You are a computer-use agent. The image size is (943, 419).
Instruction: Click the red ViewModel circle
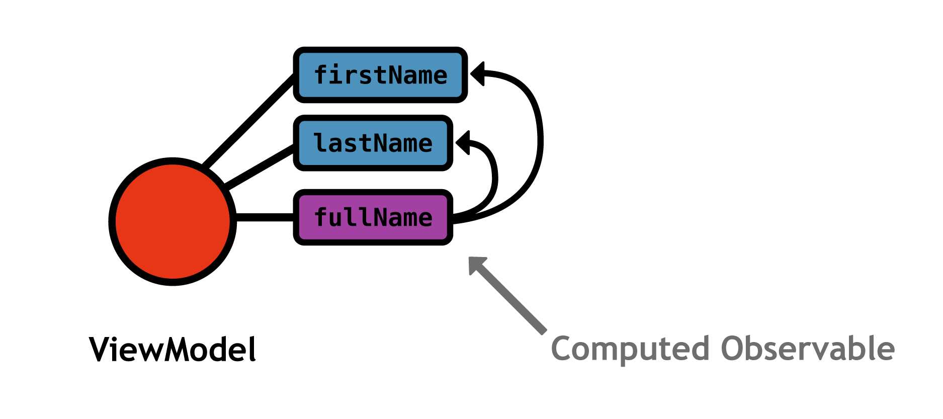tap(173, 221)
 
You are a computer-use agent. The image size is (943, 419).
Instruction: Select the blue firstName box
tap(380, 75)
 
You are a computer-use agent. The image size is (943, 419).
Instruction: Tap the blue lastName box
tap(373, 143)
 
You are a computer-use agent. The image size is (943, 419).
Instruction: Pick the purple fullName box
tap(373, 217)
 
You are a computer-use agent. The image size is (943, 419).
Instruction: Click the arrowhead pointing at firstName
tap(478, 74)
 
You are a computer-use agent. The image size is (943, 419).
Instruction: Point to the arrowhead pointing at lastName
tap(463, 143)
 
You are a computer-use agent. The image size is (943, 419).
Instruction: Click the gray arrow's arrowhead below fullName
tap(477, 265)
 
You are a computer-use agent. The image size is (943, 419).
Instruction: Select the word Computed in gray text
tap(631, 349)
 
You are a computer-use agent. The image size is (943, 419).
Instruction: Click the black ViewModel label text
tap(173, 349)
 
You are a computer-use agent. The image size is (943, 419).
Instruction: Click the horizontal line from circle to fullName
tap(264, 217)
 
